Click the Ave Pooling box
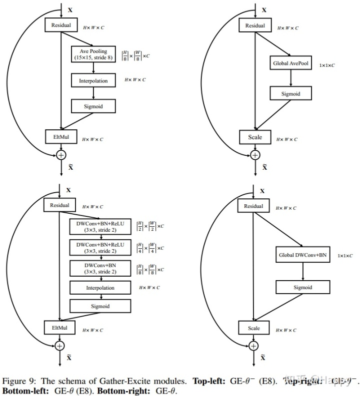(x=93, y=54)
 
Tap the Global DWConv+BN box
(x=303, y=255)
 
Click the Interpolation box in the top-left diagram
(x=93, y=80)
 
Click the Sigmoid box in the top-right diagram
(x=290, y=93)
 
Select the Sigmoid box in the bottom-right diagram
(x=303, y=287)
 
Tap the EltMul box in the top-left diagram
(x=60, y=135)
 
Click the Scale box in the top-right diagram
(x=254, y=136)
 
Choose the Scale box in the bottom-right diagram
(x=254, y=328)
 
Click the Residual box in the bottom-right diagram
(x=254, y=206)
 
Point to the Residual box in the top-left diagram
(x=60, y=24)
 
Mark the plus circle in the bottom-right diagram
(x=254, y=345)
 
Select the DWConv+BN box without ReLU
(x=100, y=268)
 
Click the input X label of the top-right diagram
(x=264, y=9)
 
